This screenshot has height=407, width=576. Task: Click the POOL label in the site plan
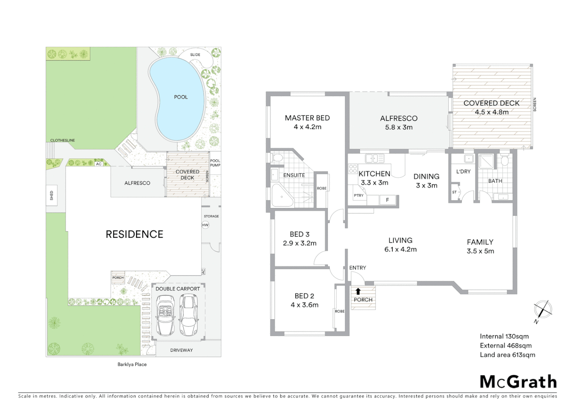tap(181, 97)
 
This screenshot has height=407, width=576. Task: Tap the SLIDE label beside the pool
tap(195, 55)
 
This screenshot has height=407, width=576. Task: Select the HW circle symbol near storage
tap(205, 225)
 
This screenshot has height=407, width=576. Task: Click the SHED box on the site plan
tap(52, 195)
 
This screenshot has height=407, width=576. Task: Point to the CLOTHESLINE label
tap(63, 140)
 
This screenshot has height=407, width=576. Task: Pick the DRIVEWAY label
tap(181, 350)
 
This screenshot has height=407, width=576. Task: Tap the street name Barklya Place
tap(132, 364)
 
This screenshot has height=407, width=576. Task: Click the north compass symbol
tap(542, 311)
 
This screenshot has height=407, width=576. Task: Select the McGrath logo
tap(518, 382)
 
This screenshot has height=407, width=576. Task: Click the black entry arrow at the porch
tap(358, 291)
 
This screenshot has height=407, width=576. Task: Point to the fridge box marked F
tap(387, 200)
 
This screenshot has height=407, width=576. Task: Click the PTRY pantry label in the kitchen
tap(358, 195)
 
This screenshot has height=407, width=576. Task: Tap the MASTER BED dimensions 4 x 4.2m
tap(307, 127)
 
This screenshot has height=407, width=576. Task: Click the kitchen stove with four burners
tap(353, 168)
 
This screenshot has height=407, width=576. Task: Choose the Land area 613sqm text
tap(507, 355)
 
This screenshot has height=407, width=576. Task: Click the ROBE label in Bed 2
tap(340, 311)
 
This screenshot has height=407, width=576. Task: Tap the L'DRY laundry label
tap(463, 171)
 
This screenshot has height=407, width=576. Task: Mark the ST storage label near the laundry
tap(454, 192)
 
